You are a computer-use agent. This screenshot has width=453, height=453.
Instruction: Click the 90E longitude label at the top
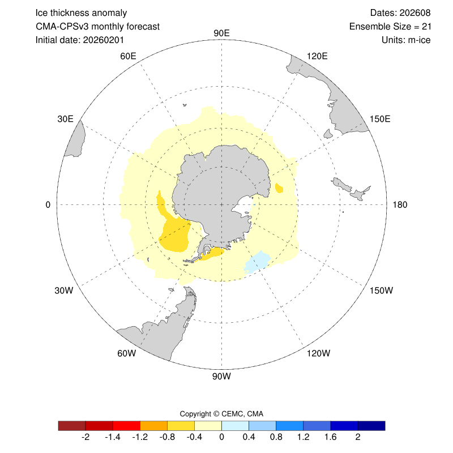[x=221, y=33]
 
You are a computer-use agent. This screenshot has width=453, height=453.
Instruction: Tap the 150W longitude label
[x=381, y=290]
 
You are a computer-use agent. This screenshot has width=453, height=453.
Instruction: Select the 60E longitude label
[x=129, y=55]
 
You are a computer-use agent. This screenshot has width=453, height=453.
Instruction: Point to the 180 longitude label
[x=400, y=204]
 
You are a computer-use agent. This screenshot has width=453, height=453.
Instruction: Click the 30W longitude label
[x=64, y=290]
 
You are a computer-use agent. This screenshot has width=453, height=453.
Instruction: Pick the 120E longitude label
[x=317, y=55]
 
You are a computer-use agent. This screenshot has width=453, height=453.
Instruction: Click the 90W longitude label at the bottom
[x=221, y=375]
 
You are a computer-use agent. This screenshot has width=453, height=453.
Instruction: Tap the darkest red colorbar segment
[x=72, y=425]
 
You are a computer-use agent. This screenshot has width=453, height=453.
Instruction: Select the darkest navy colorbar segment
[x=371, y=425]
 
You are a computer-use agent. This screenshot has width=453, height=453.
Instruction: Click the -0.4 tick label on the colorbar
[x=195, y=437]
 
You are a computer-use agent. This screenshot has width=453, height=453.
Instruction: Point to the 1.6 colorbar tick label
[x=331, y=437]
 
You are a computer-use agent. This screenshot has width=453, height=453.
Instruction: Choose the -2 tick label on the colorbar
[x=86, y=437]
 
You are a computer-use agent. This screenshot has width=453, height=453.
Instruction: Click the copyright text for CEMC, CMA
[x=221, y=413]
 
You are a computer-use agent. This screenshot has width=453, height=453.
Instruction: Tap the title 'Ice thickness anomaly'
[x=81, y=13]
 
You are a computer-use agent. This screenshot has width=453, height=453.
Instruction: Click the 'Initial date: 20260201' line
[x=80, y=40]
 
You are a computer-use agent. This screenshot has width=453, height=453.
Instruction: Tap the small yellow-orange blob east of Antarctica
[x=279, y=187]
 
